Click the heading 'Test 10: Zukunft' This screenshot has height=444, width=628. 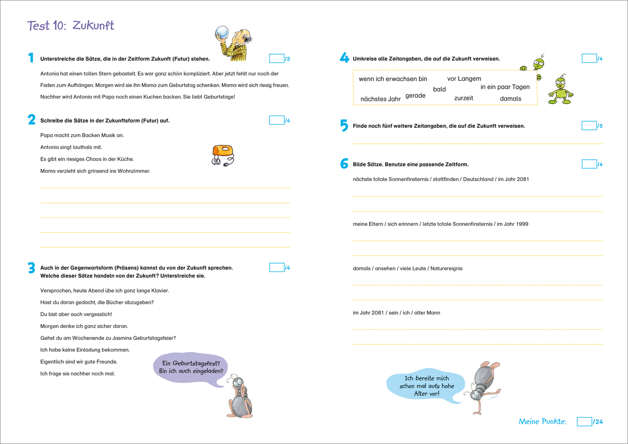(71, 25)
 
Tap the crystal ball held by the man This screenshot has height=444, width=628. (222, 33)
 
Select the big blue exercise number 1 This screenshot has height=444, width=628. (31, 58)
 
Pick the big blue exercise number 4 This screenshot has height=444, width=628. (344, 58)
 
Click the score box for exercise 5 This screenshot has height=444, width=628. (589, 125)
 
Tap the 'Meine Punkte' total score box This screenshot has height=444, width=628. (584, 421)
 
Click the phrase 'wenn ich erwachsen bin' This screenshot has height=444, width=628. (392, 79)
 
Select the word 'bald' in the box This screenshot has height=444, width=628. (440, 89)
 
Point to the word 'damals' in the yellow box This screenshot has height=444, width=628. (510, 99)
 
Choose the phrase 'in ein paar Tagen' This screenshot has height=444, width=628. (505, 87)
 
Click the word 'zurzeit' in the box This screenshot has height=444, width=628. (463, 98)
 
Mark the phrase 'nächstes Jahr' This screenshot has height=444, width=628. (380, 99)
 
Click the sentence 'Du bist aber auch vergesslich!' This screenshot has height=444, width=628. (76, 314)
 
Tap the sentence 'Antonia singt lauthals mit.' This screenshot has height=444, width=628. (71, 147)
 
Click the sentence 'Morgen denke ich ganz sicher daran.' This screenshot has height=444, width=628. (84, 326)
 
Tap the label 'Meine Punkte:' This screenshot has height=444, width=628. (542, 421)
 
